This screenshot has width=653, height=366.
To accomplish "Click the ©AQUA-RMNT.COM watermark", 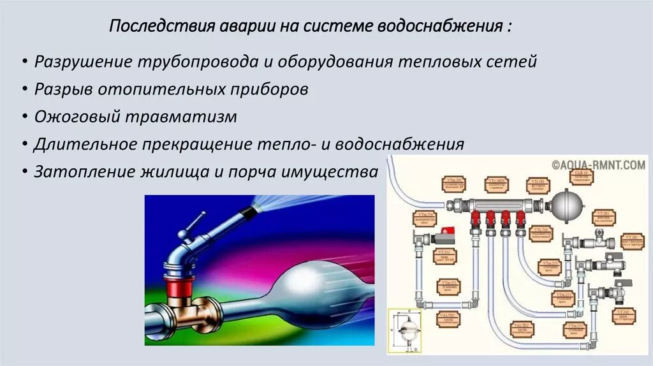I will [x=599, y=165].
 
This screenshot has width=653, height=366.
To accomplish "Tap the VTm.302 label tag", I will [x=455, y=184].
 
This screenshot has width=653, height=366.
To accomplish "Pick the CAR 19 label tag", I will [x=581, y=176].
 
